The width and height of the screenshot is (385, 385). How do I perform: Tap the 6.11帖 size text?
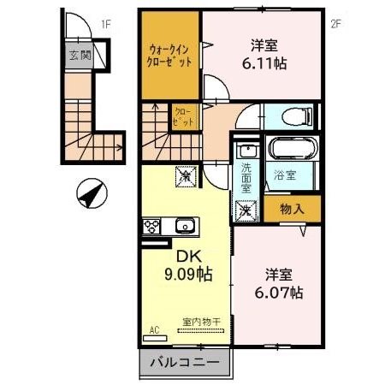(x=268, y=62)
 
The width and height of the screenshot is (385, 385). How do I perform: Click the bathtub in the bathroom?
(x=292, y=150)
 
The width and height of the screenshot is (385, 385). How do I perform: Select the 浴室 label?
(x=283, y=175)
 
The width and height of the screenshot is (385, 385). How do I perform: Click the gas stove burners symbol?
(x=152, y=227)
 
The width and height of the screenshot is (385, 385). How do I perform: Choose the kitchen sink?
(x=184, y=227)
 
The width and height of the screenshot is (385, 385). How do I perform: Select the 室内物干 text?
(x=200, y=322)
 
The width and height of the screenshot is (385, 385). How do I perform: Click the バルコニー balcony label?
(x=185, y=363)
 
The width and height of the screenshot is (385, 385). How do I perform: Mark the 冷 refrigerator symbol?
(x=186, y=176)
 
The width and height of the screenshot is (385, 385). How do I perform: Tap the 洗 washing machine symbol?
(x=245, y=207)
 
